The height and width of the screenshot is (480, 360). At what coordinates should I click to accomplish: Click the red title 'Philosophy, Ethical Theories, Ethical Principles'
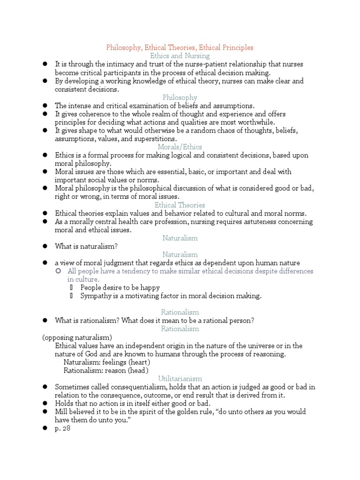tap(180, 47)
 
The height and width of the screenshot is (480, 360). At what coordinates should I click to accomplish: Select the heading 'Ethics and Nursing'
tap(180, 56)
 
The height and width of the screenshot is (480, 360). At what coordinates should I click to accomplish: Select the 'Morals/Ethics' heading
tap(180, 147)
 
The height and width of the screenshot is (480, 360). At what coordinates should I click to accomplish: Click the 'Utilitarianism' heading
tap(180, 378)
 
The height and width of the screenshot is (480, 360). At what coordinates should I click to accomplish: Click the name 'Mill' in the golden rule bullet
tap(62, 412)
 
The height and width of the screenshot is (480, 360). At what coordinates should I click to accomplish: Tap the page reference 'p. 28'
tap(62, 428)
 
